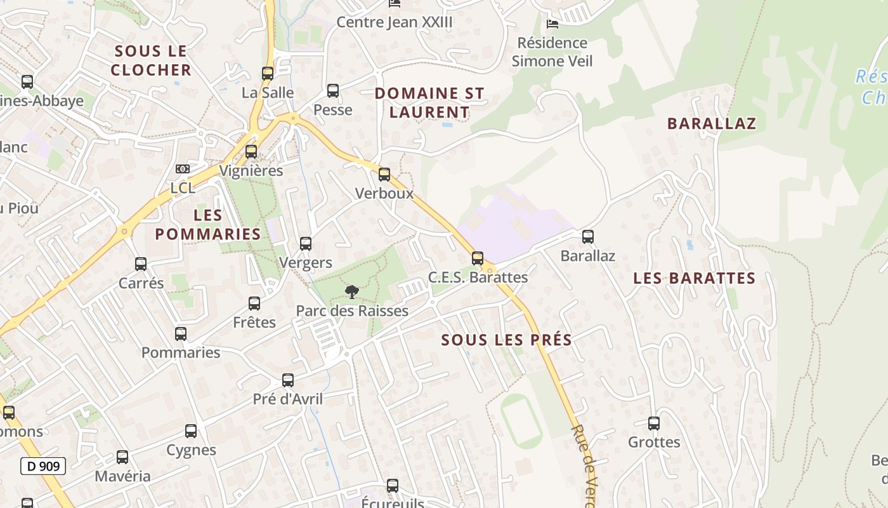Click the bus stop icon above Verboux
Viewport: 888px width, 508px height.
(384, 175)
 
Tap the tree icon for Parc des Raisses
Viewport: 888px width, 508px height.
(351, 292)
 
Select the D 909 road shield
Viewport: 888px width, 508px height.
(43, 466)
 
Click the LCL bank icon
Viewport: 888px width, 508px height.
(183, 169)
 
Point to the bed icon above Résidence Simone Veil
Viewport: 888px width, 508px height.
(552, 24)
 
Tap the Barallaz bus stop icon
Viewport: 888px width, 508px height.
(588, 237)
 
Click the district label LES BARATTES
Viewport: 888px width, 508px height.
(695, 278)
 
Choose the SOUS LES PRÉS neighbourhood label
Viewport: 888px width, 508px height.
(507, 340)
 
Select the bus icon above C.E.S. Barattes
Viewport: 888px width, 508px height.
(478, 258)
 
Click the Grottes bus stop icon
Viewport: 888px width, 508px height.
(654, 424)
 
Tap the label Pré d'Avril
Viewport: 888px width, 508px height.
(288, 399)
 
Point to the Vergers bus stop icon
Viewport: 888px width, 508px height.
(306, 244)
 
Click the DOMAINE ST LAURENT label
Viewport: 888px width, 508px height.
(429, 103)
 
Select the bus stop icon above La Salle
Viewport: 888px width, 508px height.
(268, 74)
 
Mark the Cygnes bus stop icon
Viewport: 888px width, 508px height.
(191, 431)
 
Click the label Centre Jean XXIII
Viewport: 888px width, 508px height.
(395, 22)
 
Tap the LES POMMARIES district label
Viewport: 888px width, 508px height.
(208, 225)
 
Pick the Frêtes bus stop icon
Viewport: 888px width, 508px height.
(254, 304)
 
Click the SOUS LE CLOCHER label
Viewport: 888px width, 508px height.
(151, 60)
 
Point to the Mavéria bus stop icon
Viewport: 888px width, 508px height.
(122, 457)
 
